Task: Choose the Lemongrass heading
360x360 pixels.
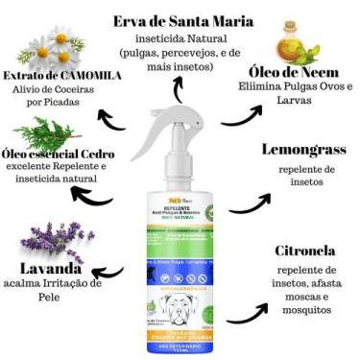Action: pyautogui.click(x=303, y=150)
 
